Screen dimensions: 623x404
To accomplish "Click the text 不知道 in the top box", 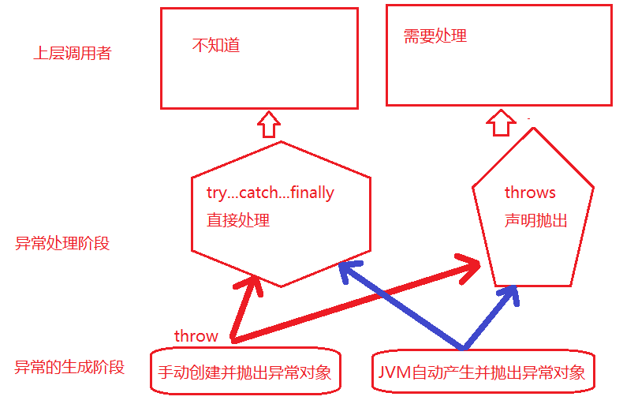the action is tap(216, 45).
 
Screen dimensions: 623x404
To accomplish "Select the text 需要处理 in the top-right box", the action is tap(435, 36).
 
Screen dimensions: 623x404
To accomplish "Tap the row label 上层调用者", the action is tap(73, 53).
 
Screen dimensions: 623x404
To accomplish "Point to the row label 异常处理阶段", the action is tap(62, 243).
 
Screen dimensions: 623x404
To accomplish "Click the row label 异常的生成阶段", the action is tap(69, 367).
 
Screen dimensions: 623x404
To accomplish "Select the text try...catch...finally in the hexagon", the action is tap(270, 193).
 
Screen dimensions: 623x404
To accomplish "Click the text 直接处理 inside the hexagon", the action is tap(238, 220).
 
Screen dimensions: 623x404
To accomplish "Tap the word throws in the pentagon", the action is tap(530, 193).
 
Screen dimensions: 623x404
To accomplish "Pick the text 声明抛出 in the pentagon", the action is tap(536, 220).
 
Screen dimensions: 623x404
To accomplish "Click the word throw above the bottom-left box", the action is tap(196, 336).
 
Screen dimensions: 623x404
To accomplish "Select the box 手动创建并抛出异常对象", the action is tap(245, 371).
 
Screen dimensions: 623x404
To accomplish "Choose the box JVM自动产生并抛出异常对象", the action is tap(483, 371).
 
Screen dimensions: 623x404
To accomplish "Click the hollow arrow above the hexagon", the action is tap(269, 125).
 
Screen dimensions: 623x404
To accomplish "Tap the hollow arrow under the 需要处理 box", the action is tap(501, 122).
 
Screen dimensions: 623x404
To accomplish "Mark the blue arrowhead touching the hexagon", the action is tap(348, 271).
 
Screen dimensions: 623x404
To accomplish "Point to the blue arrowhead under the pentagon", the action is tap(509, 294).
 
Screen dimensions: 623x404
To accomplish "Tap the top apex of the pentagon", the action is tap(533, 128).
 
